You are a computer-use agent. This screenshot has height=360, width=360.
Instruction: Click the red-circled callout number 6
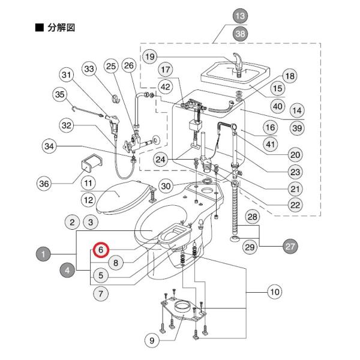101,249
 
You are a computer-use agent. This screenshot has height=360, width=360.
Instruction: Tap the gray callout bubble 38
240,34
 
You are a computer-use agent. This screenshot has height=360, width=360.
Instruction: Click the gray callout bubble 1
43,254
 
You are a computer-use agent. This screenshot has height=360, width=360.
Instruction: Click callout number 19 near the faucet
149,57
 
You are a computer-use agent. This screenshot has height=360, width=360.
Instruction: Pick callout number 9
152,340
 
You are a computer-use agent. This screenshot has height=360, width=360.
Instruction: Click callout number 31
67,76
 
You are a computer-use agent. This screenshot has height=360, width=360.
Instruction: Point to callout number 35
60,94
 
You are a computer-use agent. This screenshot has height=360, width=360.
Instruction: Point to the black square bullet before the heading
40,28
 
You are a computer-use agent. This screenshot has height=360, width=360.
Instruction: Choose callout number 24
161,159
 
